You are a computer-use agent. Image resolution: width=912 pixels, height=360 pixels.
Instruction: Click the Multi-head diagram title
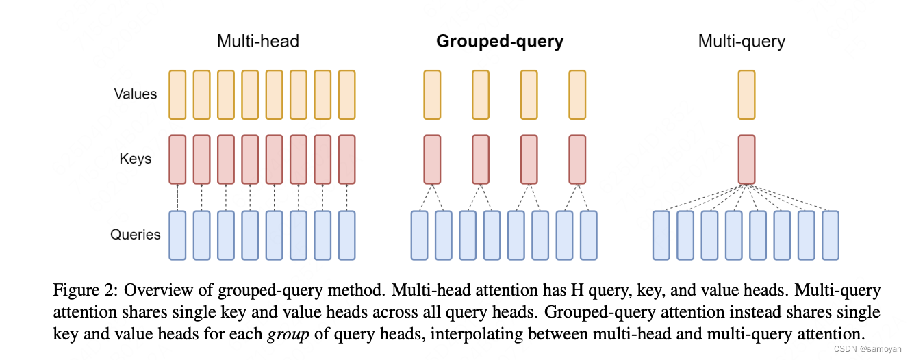[x=257, y=41]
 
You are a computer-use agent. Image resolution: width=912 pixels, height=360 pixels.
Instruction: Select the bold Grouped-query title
[x=500, y=41]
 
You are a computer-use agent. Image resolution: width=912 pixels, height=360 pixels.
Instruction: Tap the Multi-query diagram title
[x=742, y=41]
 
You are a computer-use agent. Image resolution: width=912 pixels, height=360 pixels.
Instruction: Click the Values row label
[x=136, y=94]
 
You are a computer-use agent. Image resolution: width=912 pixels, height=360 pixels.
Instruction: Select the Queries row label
[x=136, y=235]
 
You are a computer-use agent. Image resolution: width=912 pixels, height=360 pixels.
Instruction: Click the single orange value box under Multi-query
[x=746, y=94]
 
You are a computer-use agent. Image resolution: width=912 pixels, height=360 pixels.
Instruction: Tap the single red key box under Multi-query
[x=746, y=159]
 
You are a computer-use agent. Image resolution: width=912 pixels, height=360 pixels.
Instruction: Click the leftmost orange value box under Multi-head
[x=177, y=94]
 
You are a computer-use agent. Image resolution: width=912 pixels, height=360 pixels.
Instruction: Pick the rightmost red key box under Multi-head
[x=347, y=159]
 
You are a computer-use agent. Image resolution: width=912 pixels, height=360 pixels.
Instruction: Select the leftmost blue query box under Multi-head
[x=177, y=235]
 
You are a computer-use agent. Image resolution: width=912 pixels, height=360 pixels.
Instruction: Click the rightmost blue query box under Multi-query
[x=831, y=235]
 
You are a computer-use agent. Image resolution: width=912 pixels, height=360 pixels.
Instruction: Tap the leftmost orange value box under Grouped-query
[x=432, y=94]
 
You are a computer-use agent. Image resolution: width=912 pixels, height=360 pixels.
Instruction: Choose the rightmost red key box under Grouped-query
[x=578, y=159]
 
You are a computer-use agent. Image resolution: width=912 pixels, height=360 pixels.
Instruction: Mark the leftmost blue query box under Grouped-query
[x=420, y=235]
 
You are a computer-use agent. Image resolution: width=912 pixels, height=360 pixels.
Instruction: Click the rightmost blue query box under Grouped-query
[x=589, y=235]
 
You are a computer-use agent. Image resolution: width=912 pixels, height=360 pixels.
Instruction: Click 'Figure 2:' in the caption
[x=77, y=290]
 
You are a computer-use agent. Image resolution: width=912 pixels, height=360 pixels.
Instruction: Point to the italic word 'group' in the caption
[x=283, y=335]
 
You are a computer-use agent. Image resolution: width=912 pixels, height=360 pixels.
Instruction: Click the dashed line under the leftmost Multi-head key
[x=177, y=197]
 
